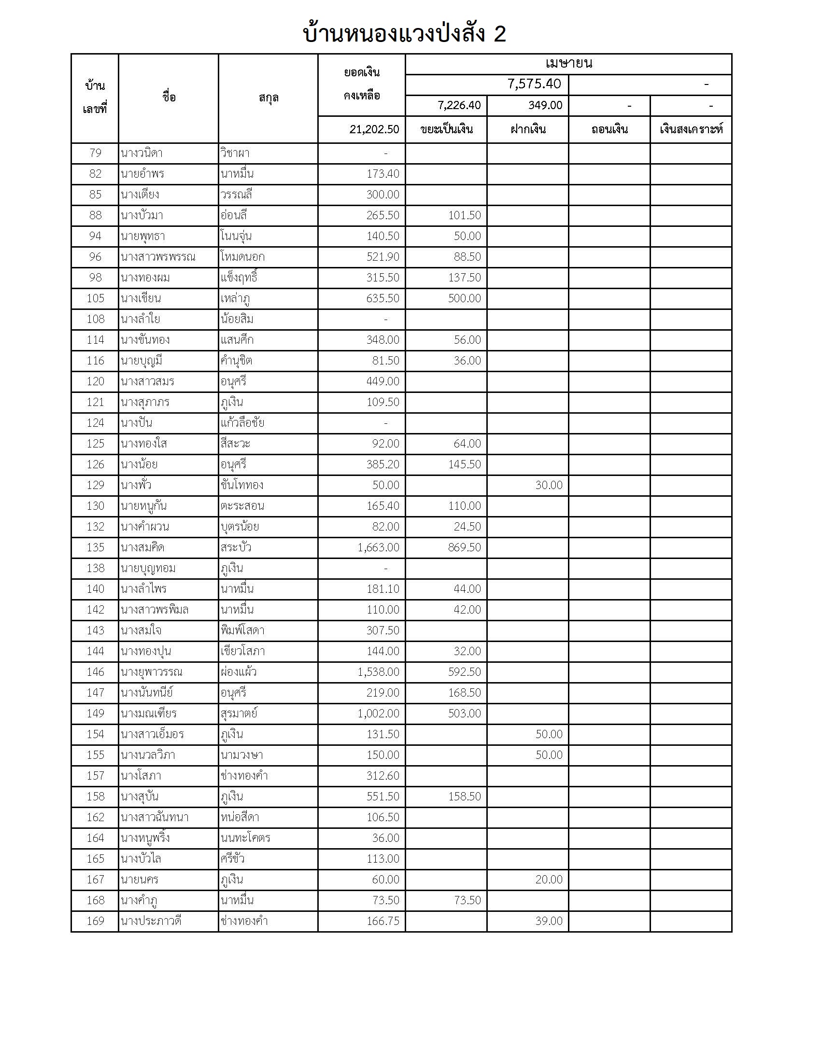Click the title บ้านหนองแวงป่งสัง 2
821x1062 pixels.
click(404, 34)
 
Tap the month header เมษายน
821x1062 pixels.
click(568, 64)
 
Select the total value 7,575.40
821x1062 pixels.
click(534, 84)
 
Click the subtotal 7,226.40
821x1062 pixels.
click(459, 105)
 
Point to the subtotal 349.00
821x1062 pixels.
click(545, 105)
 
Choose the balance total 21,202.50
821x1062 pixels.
click(374, 129)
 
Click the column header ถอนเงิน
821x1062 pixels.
click(609, 129)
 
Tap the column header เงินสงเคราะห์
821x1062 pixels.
click(691, 129)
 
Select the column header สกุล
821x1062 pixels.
click(268, 98)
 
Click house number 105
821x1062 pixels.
click(95, 298)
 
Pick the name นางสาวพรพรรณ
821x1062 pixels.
click(158, 257)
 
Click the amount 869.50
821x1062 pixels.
click(464, 547)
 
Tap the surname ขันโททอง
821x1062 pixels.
click(242, 485)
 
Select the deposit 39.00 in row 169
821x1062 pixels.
click(549, 921)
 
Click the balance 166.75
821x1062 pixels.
click(383, 921)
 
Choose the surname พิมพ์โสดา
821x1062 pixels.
click(242, 630)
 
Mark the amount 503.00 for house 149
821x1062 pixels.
click(464, 713)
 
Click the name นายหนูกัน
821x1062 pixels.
click(143, 506)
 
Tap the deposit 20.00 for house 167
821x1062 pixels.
click(549, 879)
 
